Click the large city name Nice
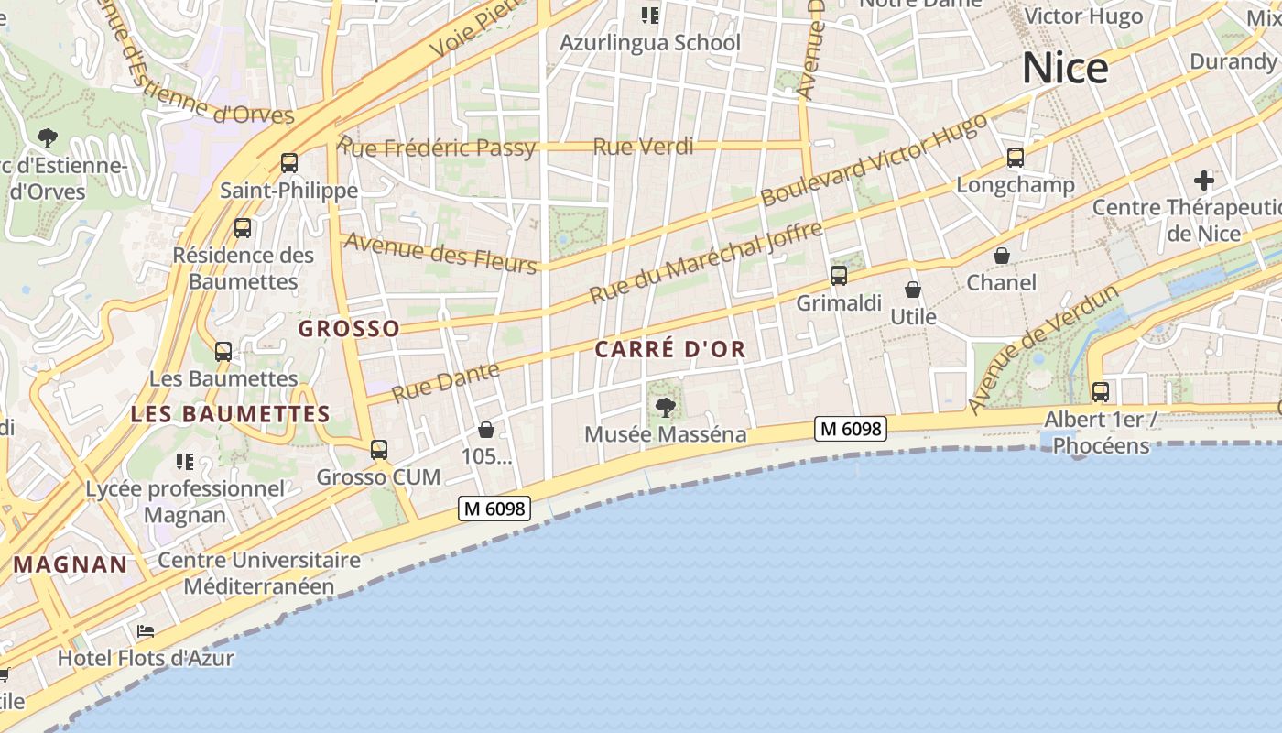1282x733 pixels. point(1064,69)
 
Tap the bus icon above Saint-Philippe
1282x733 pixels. point(289,163)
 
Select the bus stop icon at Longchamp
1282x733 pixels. point(1015,158)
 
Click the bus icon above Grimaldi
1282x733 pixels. point(839,275)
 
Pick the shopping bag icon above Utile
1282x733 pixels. point(913,290)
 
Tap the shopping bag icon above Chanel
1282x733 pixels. point(1002,256)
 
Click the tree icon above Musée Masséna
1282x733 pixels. point(666,407)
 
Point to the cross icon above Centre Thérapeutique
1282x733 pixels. point(1203,180)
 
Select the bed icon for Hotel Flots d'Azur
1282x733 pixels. point(146,631)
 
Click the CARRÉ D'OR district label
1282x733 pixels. point(670,349)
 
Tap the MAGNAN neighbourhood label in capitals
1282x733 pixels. point(71,564)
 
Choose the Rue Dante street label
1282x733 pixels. point(446,382)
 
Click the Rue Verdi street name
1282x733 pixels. point(643,147)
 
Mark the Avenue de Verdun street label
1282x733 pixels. point(1043,349)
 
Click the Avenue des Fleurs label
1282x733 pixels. point(440,252)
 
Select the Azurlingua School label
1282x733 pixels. point(650,43)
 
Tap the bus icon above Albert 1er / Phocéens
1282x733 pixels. point(1100,392)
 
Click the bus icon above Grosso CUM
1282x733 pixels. point(379,450)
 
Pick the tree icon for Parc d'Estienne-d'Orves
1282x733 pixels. point(48,139)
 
